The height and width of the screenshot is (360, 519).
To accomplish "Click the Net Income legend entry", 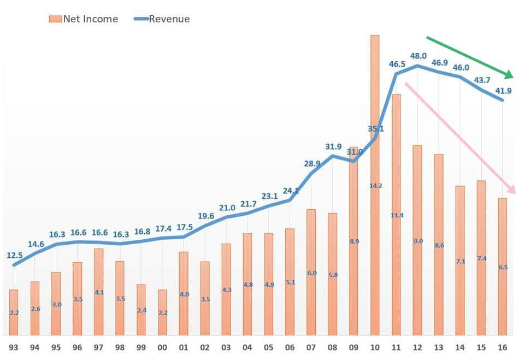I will point(83,19).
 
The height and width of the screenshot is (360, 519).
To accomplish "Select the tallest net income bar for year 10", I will point(375,186).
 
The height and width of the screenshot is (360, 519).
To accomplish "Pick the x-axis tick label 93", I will point(14,347).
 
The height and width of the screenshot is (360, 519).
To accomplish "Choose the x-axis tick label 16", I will point(503,347).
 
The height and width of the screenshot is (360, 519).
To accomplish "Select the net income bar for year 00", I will point(162,312).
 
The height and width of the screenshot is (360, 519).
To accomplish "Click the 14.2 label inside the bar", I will point(375,186).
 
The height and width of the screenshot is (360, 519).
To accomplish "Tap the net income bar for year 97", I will point(98,292).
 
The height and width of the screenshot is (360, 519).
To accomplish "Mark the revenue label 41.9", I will point(503,91).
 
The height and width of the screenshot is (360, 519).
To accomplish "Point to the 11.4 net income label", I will point(397,215).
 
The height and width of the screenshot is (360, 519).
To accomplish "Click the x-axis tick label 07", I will point(311,347).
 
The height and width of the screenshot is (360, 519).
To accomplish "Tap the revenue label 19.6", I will point(205,216).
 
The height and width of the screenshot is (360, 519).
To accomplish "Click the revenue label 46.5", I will point(397,64).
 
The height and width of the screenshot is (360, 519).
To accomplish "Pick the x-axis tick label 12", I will point(418,347).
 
